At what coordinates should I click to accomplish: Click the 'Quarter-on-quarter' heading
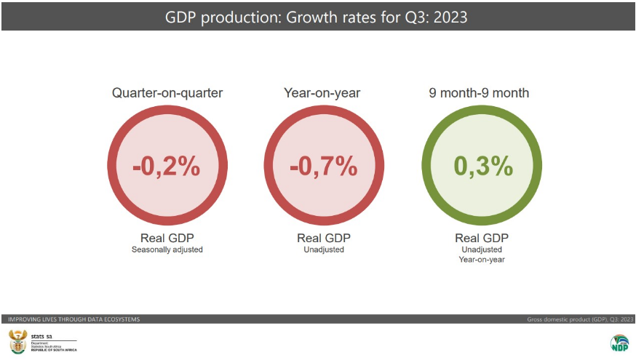[167, 93]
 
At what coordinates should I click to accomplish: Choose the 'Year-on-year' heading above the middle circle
[322, 93]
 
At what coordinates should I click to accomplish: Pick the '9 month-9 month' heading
[479, 93]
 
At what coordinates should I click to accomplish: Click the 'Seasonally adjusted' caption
[167, 249]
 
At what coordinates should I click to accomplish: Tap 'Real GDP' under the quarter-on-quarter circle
[167, 238]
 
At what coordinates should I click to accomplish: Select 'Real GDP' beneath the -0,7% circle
[324, 238]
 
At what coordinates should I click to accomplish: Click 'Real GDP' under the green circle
[481, 238]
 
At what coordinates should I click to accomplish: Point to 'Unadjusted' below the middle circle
[324, 249]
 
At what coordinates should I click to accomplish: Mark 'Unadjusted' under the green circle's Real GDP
[481, 249]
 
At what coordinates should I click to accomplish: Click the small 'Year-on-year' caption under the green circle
[481, 259]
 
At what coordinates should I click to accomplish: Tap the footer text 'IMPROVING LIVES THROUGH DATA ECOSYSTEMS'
[73, 319]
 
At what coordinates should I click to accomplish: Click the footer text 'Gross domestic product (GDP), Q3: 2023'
[580, 319]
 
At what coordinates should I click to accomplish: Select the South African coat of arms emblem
[16, 340]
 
